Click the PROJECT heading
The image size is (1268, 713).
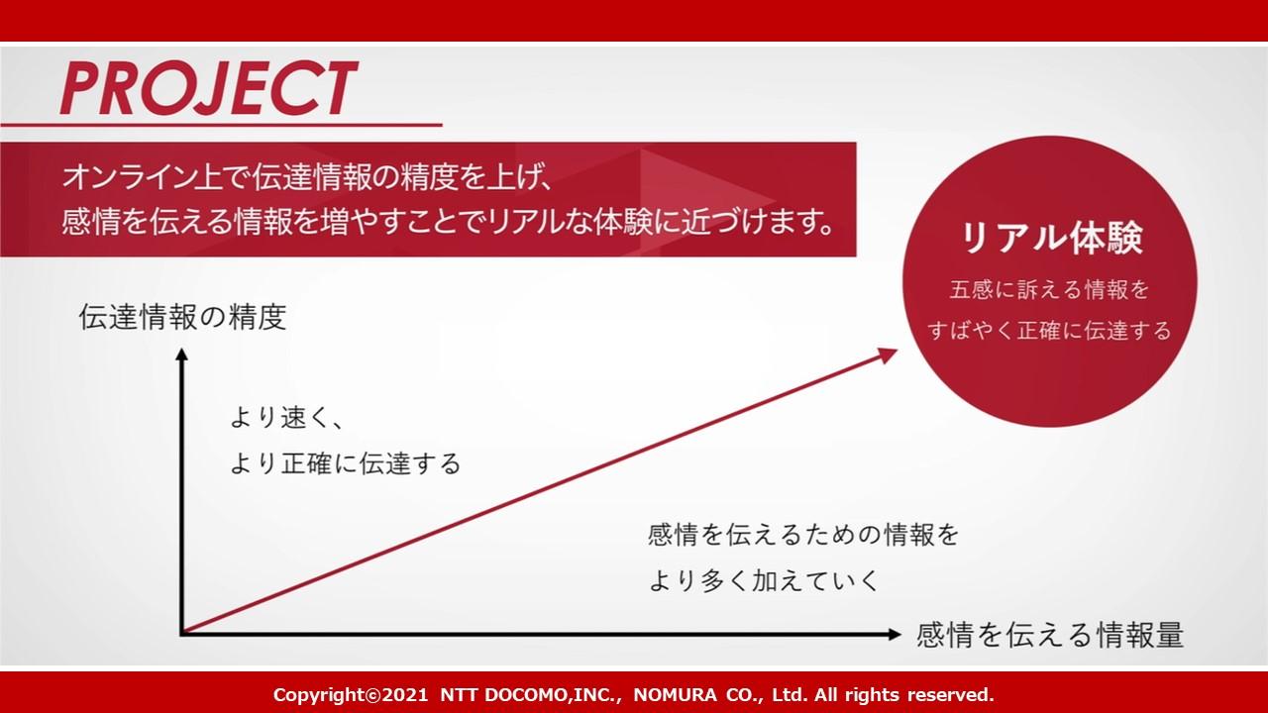coord(208,88)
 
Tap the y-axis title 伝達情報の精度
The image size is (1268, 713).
coord(183,317)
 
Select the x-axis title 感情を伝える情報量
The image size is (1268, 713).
coord(1050,635)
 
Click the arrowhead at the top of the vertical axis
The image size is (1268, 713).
coord(181,354)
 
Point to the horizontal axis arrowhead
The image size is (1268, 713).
coord(895,635)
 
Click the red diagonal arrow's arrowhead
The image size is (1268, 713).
coord(888,356)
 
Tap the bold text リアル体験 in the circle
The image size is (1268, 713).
coord(1052,238)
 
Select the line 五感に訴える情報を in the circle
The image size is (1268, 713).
coord(1049,290)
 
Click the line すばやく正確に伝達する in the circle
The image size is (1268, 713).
coord(1049,331)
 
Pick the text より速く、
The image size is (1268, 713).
coord(286,418)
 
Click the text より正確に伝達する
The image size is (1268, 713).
coord(346,463)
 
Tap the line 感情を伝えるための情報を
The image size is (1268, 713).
coord(803,535)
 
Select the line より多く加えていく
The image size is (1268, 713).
coord(763,580)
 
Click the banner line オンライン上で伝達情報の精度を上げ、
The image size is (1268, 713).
coord(306,177)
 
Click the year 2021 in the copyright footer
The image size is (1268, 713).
coord(405,695)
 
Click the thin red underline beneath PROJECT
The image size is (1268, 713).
coord(221,124)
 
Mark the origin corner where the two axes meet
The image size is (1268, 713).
coord(182,634)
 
